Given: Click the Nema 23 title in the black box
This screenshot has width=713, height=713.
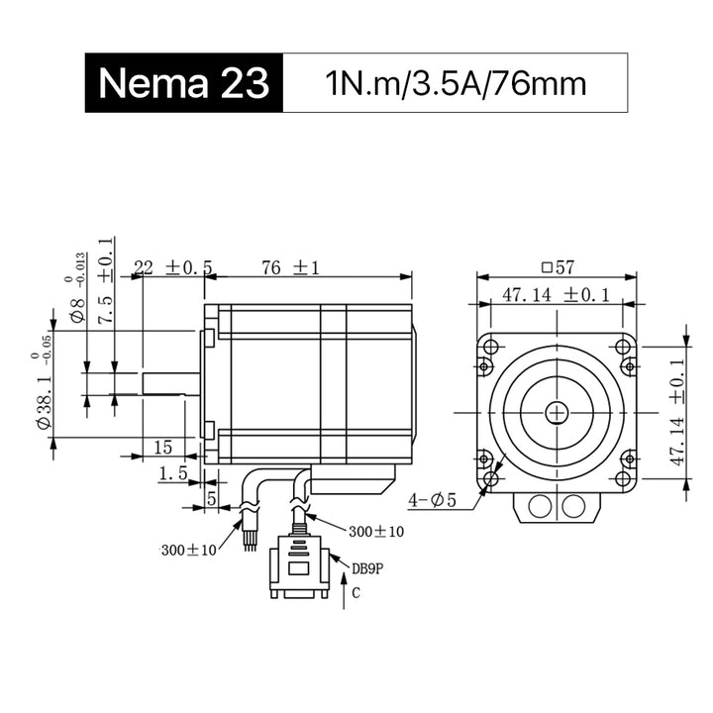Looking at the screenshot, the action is click(x=184, y=83).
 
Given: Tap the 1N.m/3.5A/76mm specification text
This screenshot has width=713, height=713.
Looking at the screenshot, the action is click(x=456, y=83).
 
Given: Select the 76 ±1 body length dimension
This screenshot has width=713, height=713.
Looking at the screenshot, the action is click(x=290, y=267).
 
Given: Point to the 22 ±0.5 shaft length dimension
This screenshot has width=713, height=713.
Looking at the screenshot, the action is click(x=173, y=267).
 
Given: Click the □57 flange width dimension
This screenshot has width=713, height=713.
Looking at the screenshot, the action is click(x=558, y=267).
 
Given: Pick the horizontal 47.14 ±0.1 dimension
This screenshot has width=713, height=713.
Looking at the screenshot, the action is click(x=556, y=295).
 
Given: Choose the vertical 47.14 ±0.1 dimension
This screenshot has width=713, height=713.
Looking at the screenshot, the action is click(x=677, y=412).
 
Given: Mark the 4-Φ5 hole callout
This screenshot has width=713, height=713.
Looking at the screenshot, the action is click(x=432, y=501).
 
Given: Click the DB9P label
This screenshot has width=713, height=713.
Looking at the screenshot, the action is click(x=367, y=568).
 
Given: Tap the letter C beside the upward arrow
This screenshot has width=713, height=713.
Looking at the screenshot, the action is click(x=356, y=593).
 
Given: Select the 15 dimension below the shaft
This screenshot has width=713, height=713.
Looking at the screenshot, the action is click(x=162, y=448).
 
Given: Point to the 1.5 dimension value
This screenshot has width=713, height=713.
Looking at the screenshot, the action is click(x=172, y=473).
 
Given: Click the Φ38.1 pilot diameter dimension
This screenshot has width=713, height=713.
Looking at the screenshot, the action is click(x=43, y=391).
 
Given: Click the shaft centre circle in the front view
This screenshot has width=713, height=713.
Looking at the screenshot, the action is click(x=557, y=413).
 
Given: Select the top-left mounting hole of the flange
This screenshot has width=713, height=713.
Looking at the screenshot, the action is click(x=490, y=347).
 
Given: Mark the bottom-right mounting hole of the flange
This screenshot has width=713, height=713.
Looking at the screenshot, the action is click(x=622, y=478).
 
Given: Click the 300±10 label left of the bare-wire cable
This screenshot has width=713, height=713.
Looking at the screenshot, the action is click(x=189, y=551).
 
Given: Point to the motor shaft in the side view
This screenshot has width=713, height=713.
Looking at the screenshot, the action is click(x=171, y=384).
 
